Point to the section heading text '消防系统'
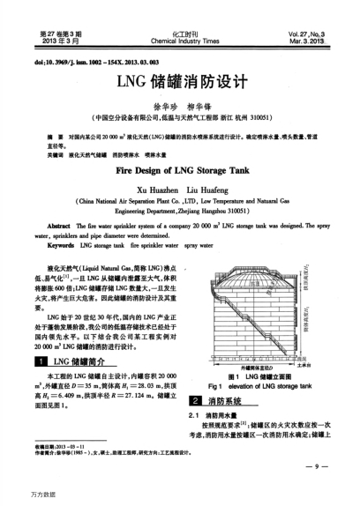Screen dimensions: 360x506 [225, 400]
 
